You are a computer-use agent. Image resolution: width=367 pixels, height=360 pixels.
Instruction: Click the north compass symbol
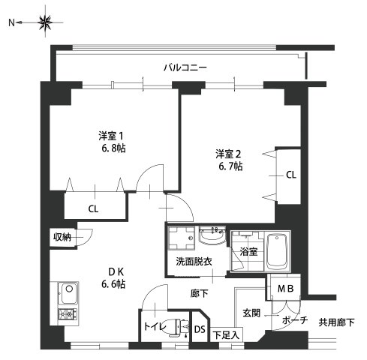coord(46,23)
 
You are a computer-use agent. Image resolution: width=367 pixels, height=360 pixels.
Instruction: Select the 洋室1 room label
coord(110,136)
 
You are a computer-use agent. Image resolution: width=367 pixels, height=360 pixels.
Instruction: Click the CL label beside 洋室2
coord(290,175)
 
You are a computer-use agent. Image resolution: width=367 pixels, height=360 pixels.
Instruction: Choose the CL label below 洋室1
coord(94,208)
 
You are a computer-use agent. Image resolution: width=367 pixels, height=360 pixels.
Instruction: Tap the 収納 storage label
coord(62,237)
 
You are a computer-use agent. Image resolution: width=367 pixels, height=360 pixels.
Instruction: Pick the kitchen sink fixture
coord(66,290)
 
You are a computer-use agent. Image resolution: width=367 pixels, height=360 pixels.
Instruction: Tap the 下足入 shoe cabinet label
coord(225,335)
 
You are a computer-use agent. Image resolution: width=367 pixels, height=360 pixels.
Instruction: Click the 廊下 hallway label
coord(199,292)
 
